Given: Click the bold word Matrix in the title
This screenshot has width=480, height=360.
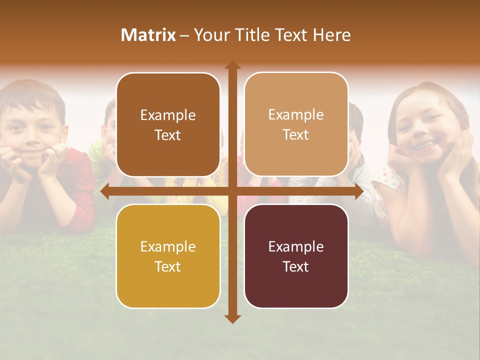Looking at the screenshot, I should click(148, 35).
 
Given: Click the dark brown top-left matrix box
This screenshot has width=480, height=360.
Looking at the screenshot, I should click(168, 125).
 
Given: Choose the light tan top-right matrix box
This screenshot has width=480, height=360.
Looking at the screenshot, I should click(296, 124).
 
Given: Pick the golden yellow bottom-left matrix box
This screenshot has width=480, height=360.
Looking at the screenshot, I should click(168, 256).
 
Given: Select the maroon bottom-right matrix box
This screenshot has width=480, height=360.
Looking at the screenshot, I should click(296, 256).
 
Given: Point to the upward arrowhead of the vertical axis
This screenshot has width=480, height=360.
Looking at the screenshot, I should click(232, 65).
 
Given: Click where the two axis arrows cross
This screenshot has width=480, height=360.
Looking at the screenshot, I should click(232, 191).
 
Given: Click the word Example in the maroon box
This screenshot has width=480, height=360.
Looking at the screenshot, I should click(296, 246).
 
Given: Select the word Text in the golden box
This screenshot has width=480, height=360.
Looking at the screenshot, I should click(168, 266).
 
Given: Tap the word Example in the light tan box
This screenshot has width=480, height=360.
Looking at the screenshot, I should click(296, 114).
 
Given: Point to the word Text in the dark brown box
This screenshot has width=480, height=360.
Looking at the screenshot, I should click(168, 135).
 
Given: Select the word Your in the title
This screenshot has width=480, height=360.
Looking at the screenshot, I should click(210, 35).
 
